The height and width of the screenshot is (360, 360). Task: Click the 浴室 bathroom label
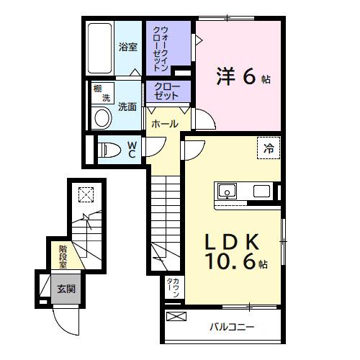(x=127, y=47)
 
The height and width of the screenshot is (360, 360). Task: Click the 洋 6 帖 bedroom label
(x=243, y=76)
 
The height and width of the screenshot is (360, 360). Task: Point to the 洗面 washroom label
(x=127, y=106)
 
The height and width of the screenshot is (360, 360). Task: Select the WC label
(x=133, y=150)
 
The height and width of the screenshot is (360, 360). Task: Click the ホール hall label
(x=165, y=124)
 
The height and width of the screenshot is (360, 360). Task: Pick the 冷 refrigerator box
(x=268, y=149)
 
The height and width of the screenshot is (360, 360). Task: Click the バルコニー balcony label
(x=232, y=327)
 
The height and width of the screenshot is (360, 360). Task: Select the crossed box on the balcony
(x=176, y=317)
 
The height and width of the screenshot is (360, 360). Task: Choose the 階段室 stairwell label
(x=63, y=256)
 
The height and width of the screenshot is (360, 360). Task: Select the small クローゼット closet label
(x=167, y=91)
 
